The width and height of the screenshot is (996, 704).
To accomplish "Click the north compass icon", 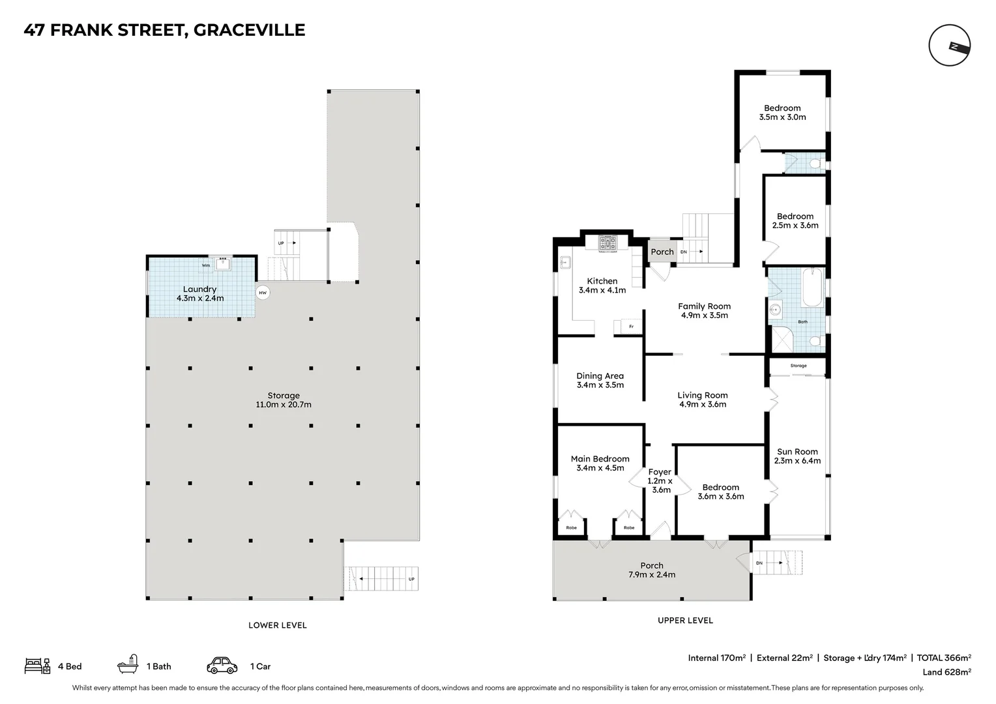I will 950,46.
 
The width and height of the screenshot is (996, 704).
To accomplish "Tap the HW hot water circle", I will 263,293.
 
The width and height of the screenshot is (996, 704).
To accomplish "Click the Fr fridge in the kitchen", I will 630,326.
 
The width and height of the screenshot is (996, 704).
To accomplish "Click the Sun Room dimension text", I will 797,461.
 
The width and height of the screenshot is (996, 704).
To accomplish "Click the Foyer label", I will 660,472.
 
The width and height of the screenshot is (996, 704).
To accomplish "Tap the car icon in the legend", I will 222,666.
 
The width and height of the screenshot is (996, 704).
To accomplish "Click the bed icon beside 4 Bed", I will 37,666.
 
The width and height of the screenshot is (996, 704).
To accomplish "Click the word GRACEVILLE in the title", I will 250,30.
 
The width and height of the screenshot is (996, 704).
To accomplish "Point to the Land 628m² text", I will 946,672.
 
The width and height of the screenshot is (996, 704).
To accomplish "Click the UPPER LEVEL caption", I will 685,621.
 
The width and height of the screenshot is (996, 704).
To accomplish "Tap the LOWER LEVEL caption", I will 277,625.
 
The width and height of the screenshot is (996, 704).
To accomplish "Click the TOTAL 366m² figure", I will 944,658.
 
